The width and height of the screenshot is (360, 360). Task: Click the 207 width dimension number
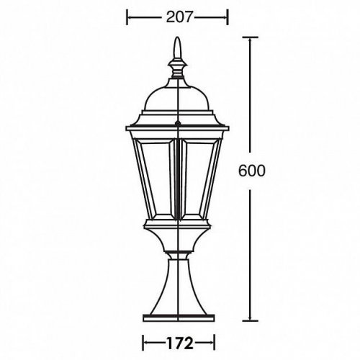176,16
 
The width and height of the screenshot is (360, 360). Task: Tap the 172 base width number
177,343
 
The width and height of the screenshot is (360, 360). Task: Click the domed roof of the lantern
176,94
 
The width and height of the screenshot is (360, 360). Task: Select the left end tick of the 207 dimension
127,16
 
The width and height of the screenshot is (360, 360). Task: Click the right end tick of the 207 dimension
227,16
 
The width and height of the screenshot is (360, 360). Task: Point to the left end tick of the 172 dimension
143,343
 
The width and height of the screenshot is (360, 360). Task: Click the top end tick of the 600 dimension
251,40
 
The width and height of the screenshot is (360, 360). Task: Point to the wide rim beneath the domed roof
176,120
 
